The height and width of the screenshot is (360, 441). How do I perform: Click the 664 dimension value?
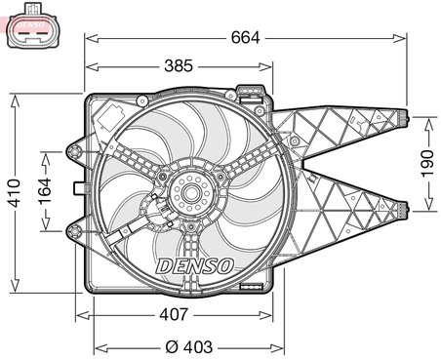tap(245, 38)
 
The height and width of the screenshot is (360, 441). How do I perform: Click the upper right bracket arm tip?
tap(402, 119)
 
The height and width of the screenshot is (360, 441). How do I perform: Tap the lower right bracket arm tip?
tap(402, 206)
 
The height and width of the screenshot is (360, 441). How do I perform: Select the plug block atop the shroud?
tap(252, 96)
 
